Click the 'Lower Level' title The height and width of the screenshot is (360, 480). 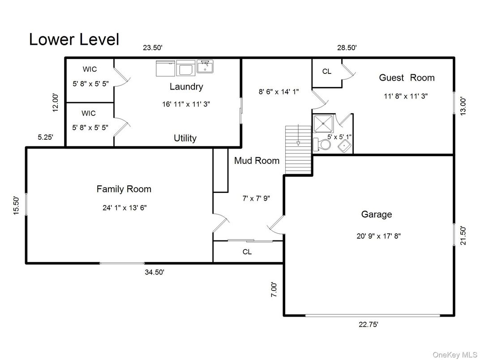74,39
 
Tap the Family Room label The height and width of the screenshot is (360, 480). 124,189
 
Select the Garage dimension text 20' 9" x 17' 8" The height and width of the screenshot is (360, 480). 378,236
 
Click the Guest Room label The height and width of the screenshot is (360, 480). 407,77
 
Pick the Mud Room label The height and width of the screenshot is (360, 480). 257,161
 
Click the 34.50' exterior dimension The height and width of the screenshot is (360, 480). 154,272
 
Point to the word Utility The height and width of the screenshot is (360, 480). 185,138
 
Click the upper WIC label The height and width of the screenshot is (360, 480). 89,69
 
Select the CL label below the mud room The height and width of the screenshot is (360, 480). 247,252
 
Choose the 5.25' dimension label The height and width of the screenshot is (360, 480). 45,137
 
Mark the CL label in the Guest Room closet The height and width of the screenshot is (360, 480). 327,72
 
